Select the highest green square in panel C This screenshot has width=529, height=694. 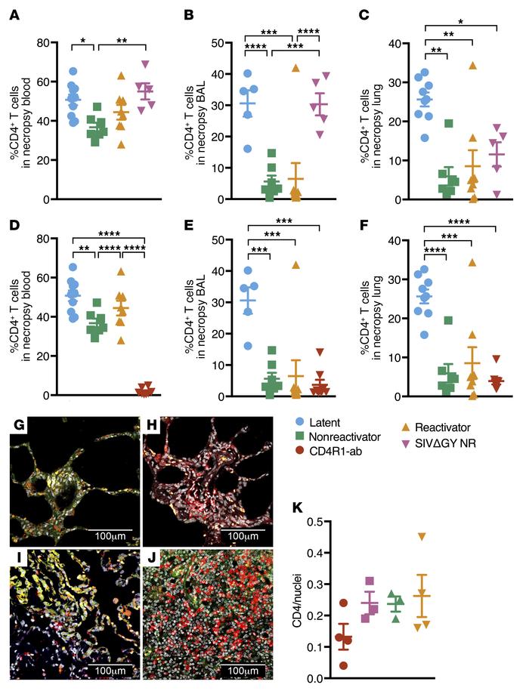coord(448,123)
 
